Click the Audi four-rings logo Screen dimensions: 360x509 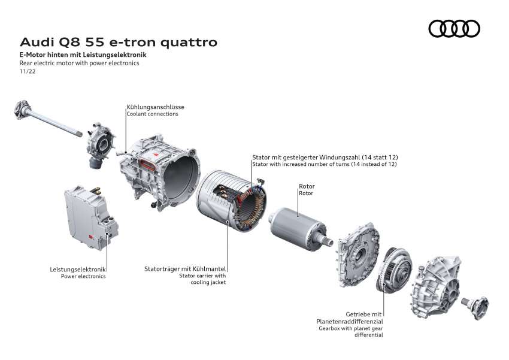tap(455, 28)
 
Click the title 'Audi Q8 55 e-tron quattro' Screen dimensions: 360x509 tap(119, 43)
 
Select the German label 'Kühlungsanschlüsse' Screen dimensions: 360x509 tap(156, 107)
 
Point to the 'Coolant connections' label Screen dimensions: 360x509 tap(152, 114)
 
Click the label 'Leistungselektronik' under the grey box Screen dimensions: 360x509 tap(78, 270)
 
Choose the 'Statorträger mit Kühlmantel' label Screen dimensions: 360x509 tap(185, 269)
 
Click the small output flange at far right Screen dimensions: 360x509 tap(478, 303)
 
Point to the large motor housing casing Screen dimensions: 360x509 tap(159, 171)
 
